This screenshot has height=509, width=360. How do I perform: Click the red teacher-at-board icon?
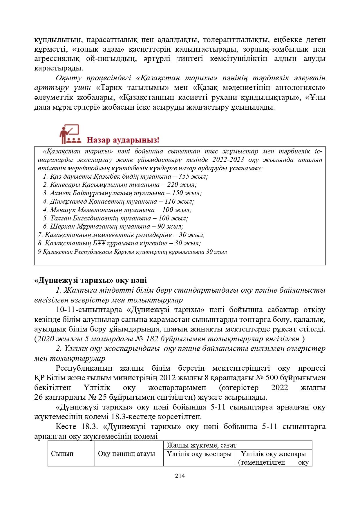point(69,134)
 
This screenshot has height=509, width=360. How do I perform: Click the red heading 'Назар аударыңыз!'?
point(123,140)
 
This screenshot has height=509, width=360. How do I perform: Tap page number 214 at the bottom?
point(180,476)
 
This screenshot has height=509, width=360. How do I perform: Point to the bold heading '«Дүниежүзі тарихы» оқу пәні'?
point(91,280)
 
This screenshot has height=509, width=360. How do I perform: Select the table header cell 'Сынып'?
point(62,454)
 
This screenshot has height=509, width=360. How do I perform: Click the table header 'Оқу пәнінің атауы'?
point(126,454)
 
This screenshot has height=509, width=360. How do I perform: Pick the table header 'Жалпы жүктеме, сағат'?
point(202,445)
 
